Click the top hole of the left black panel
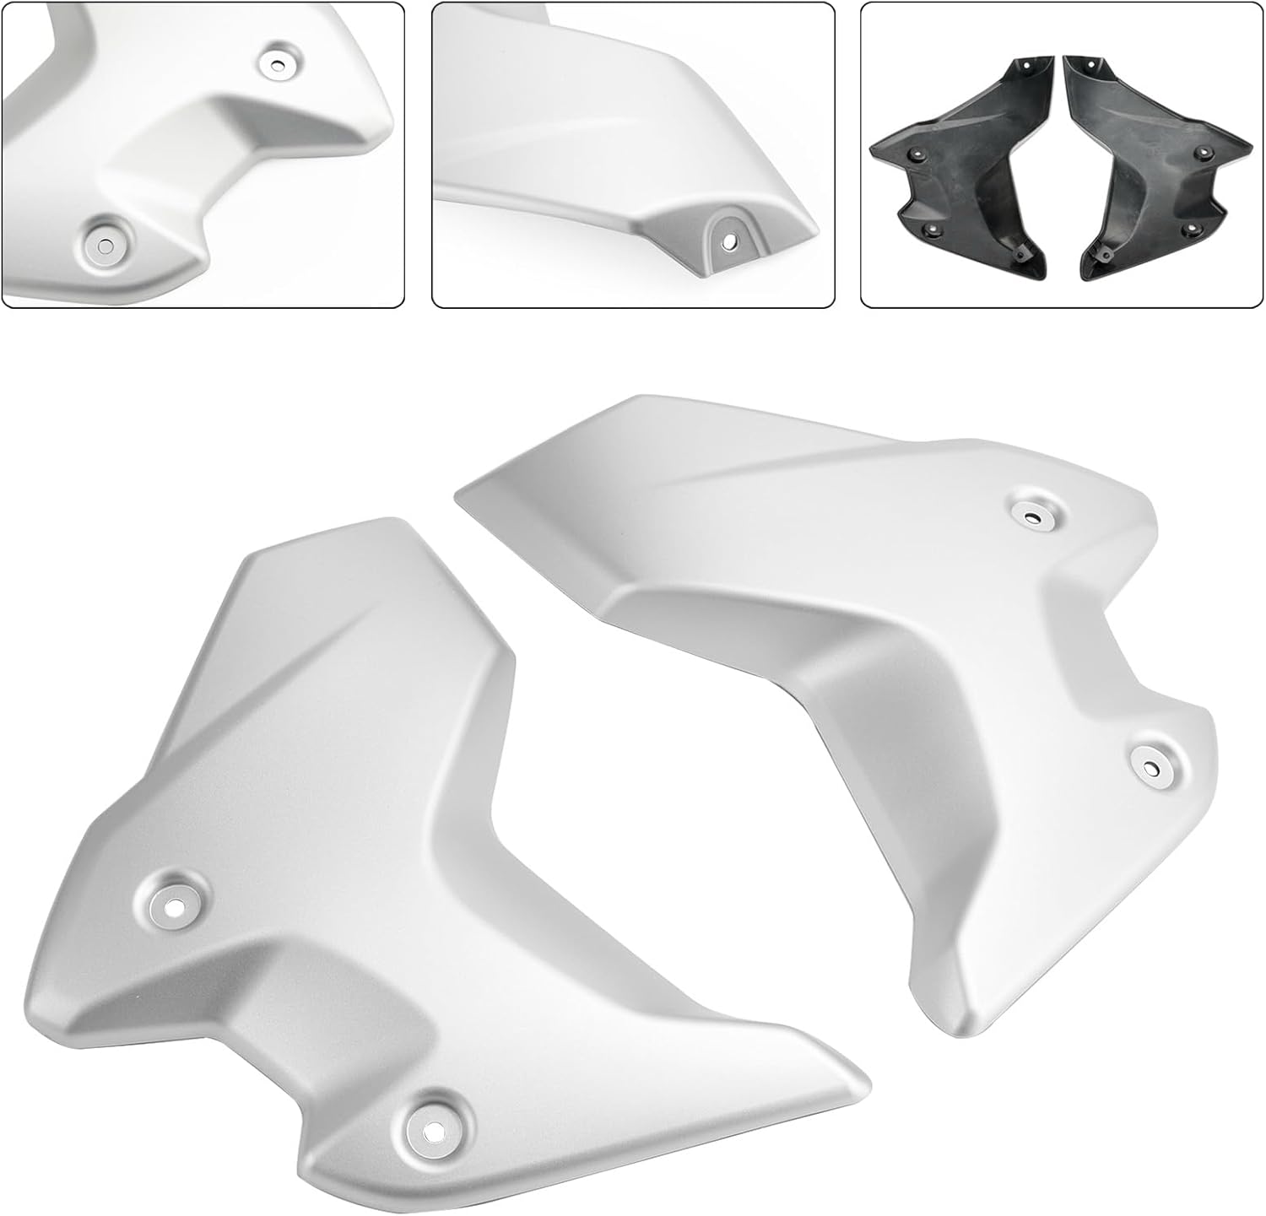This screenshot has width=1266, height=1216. [x=1026, y=66]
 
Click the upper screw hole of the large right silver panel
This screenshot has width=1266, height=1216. [x=1034, y=516]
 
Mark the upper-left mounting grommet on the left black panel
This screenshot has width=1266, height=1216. [x=917, y=154]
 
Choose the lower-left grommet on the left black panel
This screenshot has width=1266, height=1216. [x=933, y=227]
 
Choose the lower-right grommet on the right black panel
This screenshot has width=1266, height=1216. [x=1191, y=227]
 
